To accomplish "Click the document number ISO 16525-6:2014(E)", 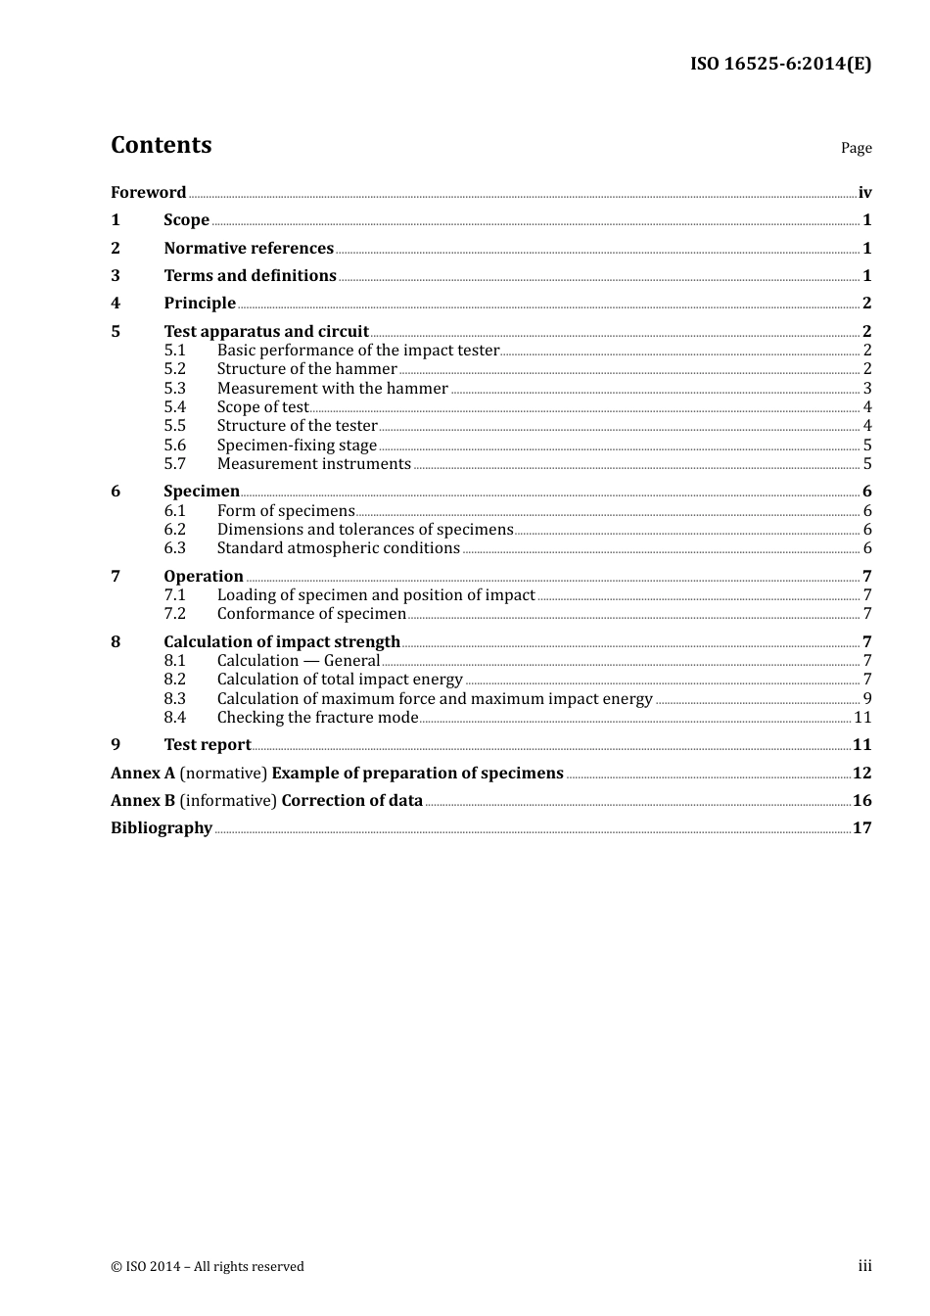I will pos(780,65).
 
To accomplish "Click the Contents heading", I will pos(161,145).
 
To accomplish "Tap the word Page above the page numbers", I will pos(856,148).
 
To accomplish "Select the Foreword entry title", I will pos(148,193).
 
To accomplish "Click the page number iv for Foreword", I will pos(864,193).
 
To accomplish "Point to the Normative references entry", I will pos(249,249).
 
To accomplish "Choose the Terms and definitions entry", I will pos(250,276).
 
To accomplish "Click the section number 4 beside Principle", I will pos(116,304).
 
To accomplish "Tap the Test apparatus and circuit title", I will pos(266,332).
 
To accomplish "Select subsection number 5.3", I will pos(174,389).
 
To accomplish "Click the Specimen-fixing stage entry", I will pos(297,446).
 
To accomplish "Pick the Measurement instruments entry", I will pos(313,464).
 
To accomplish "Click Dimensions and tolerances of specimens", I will pos(365,530).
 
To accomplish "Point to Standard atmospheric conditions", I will pos(338,548).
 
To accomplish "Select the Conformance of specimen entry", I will pos(311,614).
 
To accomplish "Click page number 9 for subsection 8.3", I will pos(867,699).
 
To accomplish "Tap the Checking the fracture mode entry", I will pos(317,718).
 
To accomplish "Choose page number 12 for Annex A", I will pos(861,774).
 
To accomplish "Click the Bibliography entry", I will pos(162,828).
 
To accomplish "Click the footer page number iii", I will pos(864,1266).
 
